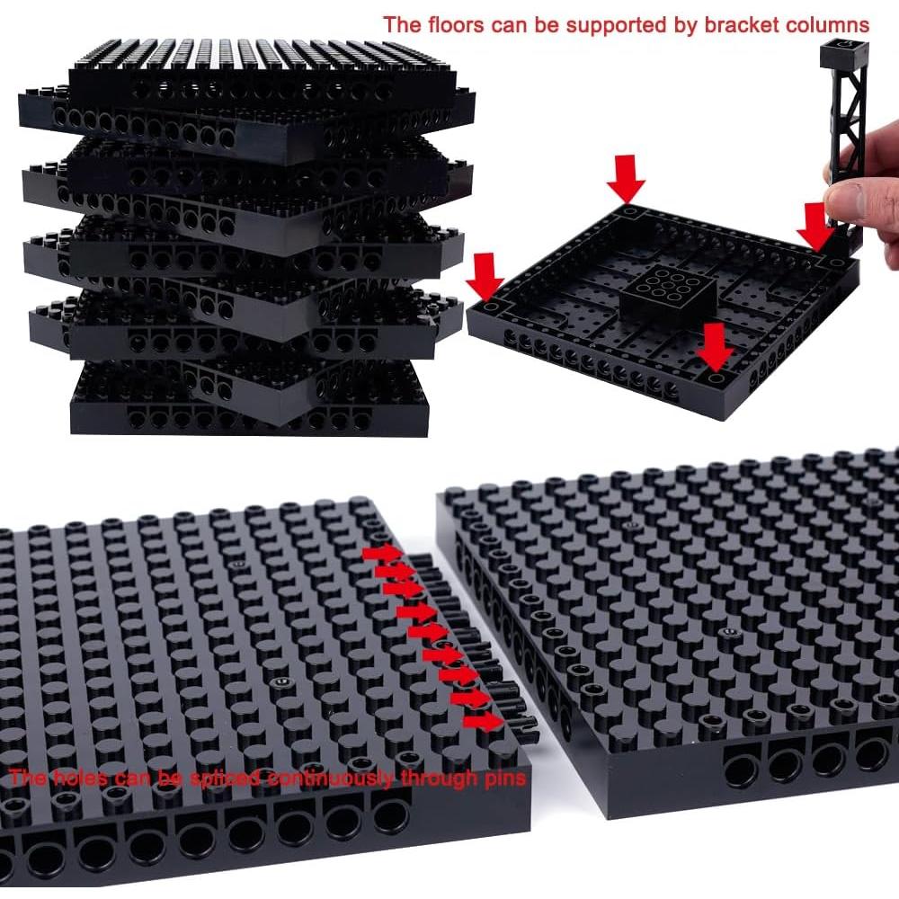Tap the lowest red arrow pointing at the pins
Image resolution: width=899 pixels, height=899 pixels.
click(x=481, y=720)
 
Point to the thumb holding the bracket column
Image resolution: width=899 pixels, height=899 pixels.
click(x=847, y=193)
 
